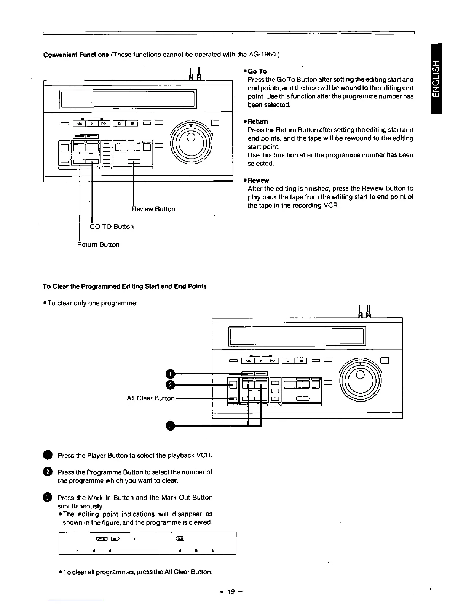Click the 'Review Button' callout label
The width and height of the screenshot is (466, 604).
[x=153, y=209]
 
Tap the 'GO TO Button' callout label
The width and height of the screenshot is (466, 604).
[x=112, y=226]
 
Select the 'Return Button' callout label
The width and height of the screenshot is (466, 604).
[x=99, y=244]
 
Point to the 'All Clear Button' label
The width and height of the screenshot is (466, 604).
[x=150, y=398]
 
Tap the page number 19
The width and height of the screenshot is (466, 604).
[x=231, y=592]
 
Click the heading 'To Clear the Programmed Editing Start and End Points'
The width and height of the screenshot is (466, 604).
[x=124, y=286]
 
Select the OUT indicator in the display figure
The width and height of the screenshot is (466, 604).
[x=179, y=538]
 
